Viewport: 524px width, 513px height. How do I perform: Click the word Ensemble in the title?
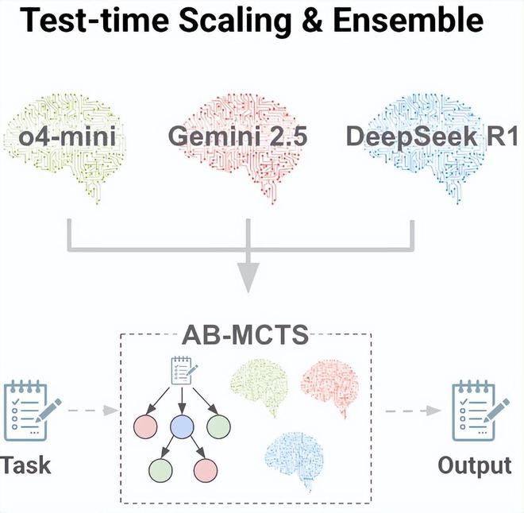tap(408, 21)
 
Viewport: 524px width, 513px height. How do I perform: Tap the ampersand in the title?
tap(311, 21)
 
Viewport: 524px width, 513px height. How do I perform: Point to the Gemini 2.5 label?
tap(238, 137)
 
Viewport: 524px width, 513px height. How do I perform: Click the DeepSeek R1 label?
tap(432, 137)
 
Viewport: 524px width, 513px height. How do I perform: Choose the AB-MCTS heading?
tap(245, 334)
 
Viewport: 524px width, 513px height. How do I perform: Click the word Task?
tap(25, 465)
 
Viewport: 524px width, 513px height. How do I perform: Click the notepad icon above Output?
tap(480, 411)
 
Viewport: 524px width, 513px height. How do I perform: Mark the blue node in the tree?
tap(182, 426)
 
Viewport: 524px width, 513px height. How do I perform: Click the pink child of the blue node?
tap(206, 470)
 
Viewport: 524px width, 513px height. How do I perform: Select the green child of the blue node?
tap(160, 470)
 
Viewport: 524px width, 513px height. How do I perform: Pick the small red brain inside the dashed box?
tap(330, 388)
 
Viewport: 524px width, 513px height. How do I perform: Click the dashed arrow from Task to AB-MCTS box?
tap(93, 411)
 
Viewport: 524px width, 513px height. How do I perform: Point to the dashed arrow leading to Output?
tap(413, 411)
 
